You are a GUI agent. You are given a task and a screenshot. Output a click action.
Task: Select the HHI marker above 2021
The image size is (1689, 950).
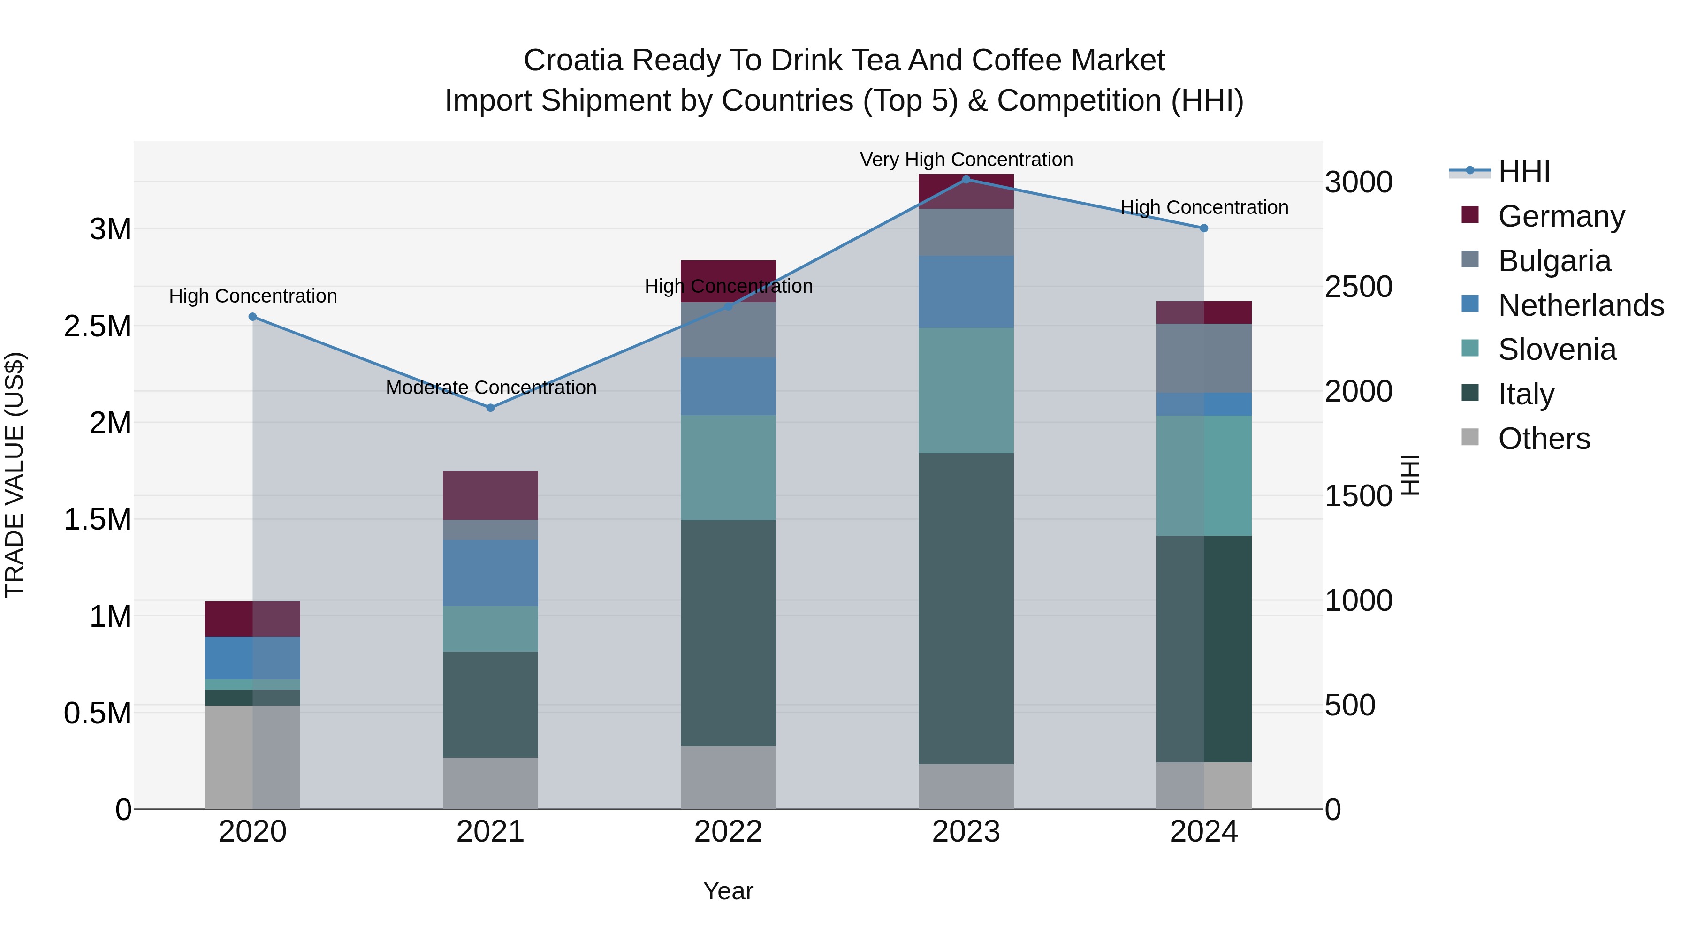click(490, 408)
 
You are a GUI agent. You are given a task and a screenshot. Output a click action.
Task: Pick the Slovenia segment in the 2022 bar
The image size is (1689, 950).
click(728, 467)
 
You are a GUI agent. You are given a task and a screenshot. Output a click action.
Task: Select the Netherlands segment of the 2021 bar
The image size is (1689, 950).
click(490, 572)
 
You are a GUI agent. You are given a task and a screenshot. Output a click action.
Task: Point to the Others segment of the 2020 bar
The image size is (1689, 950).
click(252, 757)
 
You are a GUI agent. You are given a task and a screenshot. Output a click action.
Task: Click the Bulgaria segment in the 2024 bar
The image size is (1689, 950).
click(1204, 358)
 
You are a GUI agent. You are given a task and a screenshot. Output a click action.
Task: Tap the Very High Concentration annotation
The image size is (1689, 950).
click(966, 160)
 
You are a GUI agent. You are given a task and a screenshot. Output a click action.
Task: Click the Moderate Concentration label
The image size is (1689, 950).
click(490, 388)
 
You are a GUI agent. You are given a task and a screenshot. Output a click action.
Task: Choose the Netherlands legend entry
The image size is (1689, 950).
click(1581, 305)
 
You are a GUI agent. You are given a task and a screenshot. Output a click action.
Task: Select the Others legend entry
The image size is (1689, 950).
click(1544, 439)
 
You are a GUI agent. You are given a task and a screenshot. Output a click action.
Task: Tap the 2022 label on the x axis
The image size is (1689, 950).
click(728, 832)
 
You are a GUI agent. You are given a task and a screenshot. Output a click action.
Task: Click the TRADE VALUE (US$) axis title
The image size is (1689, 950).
click(15, 475)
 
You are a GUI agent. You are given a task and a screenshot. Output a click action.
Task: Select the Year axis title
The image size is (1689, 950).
click(728, 891)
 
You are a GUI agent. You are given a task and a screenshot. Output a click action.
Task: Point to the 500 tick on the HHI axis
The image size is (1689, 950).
click(1350, 706)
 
